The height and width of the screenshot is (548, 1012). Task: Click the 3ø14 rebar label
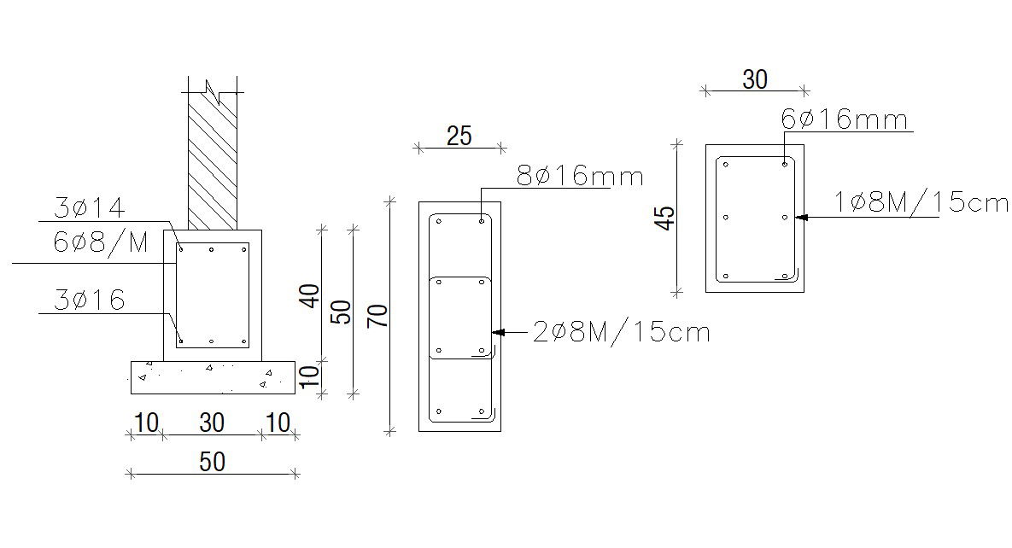(x=90, y=207)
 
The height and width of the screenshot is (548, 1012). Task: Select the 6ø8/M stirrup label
(x=101, y=243)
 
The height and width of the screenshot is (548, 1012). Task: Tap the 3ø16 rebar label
(x=90, y=300)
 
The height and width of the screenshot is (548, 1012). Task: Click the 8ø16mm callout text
(x=579, y=177)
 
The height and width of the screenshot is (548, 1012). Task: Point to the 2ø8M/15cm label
(x=621, y=331)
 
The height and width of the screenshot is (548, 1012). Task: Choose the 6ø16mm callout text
(x=844, y=120)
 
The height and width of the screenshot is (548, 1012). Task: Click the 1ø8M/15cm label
(x=921, y=203)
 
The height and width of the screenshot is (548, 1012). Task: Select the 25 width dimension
(x=459, y=136)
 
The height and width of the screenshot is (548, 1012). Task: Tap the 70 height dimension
(x=378, y=315)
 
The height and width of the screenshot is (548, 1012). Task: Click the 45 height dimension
(x=666, y=218)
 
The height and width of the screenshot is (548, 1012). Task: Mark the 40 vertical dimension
(x=311, y=295)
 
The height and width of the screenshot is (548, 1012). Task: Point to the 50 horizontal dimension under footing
(x=212, y=462)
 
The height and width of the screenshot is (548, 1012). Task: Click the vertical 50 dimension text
(x=342, y=312)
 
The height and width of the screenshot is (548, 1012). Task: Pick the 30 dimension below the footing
(x=212, y=423)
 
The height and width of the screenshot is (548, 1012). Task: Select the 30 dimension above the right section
(x=754, y=79)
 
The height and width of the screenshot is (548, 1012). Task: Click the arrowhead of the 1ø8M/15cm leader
(x=800, y=217)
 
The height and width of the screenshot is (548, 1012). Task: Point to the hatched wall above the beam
(x=212, y=162)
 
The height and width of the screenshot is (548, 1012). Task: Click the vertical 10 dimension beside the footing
(x=311, y=374)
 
